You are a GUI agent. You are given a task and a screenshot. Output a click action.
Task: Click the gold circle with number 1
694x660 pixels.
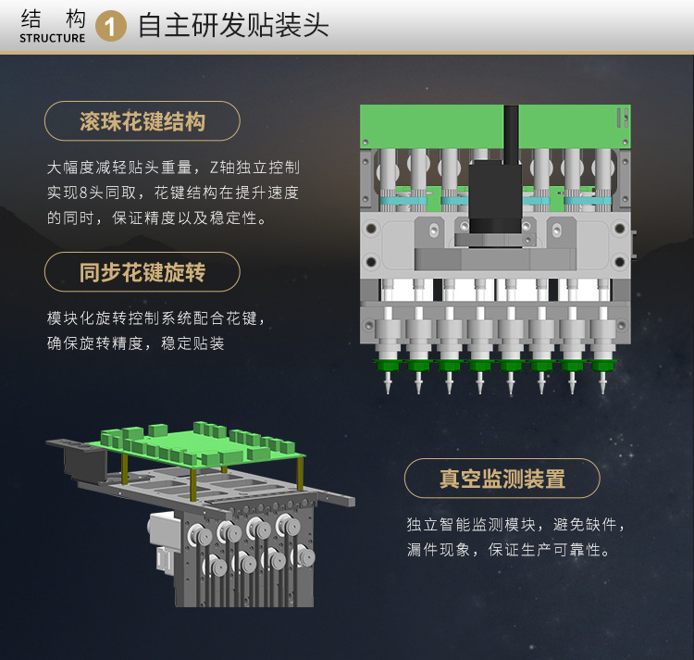(x=112, y=27)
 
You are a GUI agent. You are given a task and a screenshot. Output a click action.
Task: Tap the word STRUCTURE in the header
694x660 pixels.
(x=52, y=39)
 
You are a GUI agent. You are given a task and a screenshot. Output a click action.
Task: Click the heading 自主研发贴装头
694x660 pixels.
(x=233, y=25)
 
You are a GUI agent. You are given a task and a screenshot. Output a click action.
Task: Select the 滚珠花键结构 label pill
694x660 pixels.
(x=143, y=121)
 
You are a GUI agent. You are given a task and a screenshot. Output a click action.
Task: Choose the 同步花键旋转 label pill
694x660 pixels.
(x=143, y=272)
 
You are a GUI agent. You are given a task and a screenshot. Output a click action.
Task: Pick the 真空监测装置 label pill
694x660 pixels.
(x=502, y=479)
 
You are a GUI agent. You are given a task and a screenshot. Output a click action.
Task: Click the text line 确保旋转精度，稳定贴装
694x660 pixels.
(x=136, y=343)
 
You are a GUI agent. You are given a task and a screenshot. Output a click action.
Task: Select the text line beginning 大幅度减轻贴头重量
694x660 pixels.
(x=173, y=168)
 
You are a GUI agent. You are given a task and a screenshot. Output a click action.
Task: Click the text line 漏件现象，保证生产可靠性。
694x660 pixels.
(x=509, y=550)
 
